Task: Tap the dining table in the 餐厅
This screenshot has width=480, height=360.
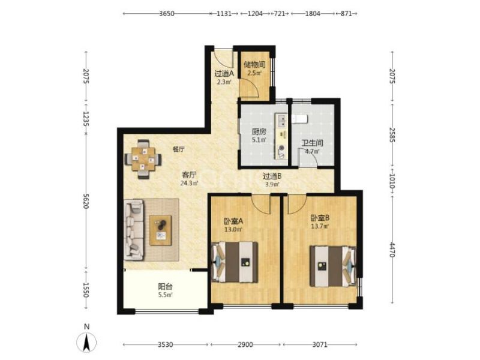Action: click(143, 159)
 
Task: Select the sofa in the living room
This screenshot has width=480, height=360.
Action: click(134, 230)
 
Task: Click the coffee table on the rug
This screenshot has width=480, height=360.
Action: click(160, 230)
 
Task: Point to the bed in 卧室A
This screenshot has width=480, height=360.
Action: click(235, 262)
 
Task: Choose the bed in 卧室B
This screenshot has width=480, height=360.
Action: click(333, 266)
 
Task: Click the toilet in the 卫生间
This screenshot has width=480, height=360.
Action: click(299, 119)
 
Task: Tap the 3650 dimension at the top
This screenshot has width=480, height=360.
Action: click(167, 14)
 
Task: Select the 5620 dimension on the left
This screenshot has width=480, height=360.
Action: click(86, 201)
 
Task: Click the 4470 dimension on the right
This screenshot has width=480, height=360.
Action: click(393, 250)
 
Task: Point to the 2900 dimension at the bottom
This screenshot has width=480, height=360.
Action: click(245, 345)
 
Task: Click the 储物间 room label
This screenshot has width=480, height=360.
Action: click(254, 65)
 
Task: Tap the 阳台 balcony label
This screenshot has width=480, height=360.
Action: click(166, 287)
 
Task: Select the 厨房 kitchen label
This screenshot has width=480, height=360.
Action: click(259, 132)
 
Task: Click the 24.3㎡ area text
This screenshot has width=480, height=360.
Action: click(189, 184)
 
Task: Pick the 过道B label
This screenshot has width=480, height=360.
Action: click(272, 176)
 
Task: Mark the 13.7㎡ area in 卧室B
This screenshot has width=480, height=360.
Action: click(320, 227)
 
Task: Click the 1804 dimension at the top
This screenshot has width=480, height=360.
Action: click(313, 14)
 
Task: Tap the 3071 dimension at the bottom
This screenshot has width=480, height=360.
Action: click(320, 345)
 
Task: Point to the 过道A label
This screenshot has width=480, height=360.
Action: click(224, 74)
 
